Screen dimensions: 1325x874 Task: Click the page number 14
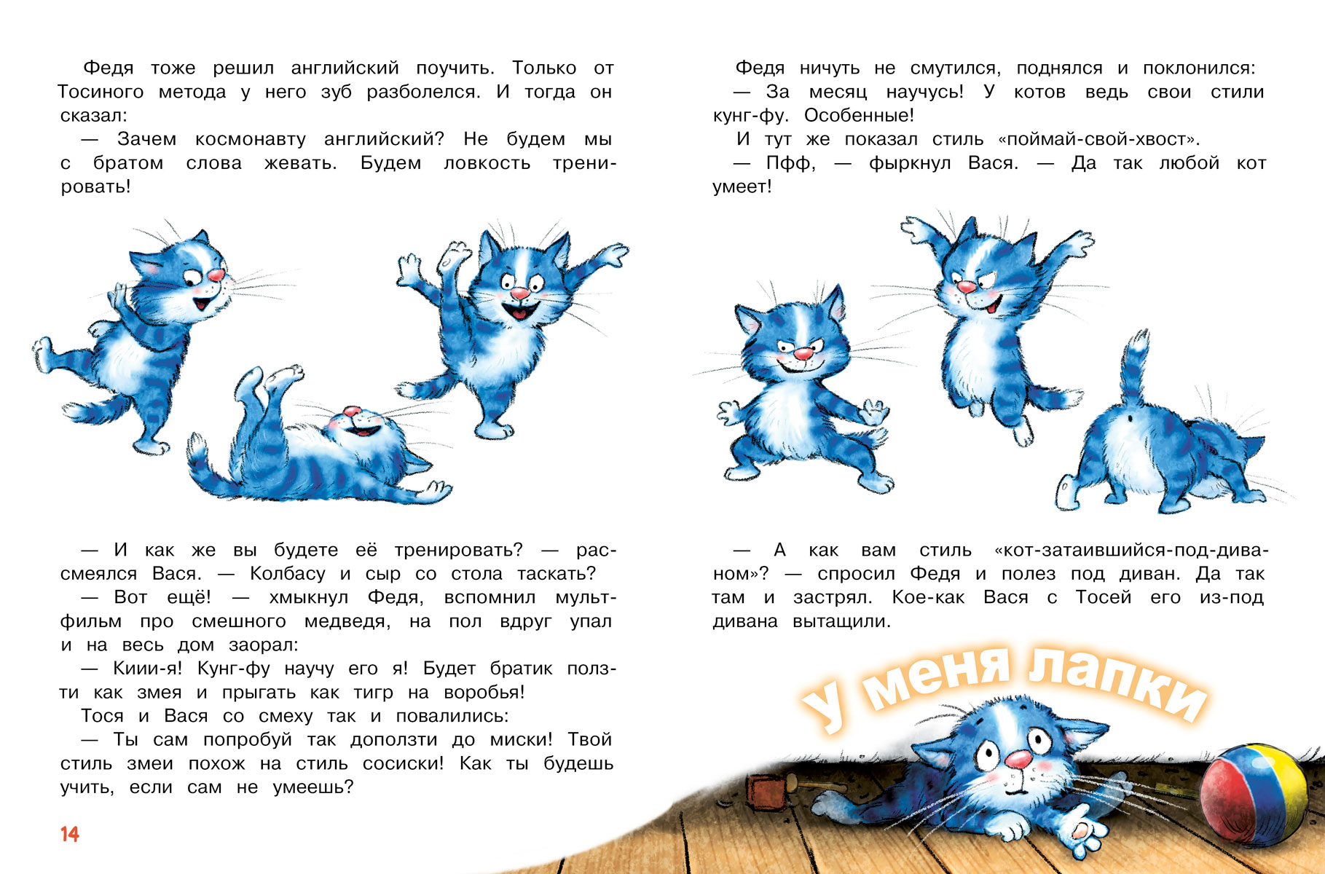[x=70, y=834]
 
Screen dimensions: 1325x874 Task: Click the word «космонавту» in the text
[x=251, y=139]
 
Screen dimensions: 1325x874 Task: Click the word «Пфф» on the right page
[x=790, y=163]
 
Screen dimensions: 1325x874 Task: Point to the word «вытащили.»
[x=841, y=621]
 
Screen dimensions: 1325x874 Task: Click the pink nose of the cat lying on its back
[x=352, y=412]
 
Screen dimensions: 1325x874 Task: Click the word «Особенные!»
[x=859, y=116]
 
